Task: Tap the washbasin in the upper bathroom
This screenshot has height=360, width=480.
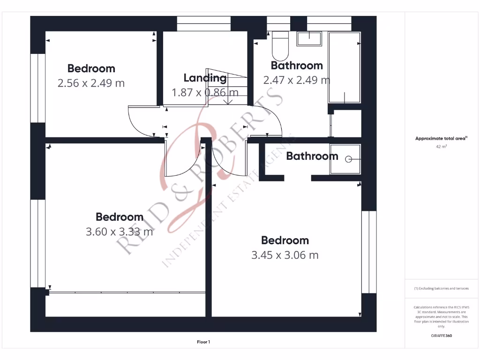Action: (309, 38)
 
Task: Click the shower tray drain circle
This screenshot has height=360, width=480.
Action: (348, 159)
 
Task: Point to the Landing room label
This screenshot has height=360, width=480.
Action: (205, 78)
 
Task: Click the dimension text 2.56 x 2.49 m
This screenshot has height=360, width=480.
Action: (91, 83)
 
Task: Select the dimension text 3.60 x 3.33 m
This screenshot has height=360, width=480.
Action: (120, 232)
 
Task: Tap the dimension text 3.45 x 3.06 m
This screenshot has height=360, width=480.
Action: (285, 255)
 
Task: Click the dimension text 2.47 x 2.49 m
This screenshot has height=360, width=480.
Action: (297, 80)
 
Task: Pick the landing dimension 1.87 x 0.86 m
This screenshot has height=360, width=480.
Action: (205, 92)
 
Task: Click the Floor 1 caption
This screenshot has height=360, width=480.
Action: (203, 342)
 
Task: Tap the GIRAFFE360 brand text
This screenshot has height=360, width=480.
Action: (441, 336)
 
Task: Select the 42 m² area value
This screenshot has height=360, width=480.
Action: (441, 147)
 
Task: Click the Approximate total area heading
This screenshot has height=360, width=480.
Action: (441, 138)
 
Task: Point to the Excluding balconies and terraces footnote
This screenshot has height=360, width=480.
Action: (441, 288)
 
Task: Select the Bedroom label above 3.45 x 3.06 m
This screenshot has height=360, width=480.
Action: (285, 240)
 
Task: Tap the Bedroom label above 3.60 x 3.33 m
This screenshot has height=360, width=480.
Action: (120, 217)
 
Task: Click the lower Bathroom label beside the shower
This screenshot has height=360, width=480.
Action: (312, 156)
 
